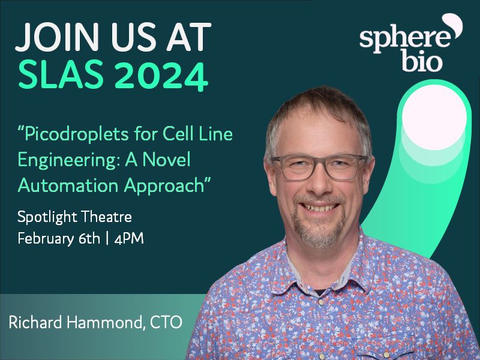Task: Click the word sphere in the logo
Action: [404, 38]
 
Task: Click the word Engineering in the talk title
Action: [59, 160]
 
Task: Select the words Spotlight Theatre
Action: [74, 217]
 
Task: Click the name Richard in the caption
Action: [37, 322]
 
